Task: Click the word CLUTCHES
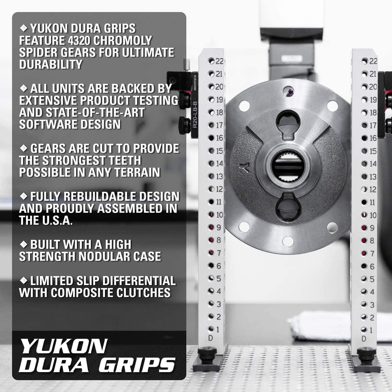(x=138, y=292)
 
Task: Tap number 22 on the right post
(x=373, y=61)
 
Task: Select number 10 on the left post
(x=219, y=215)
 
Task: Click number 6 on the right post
(x=372, y=266)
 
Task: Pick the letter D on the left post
(x=210, y=338)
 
